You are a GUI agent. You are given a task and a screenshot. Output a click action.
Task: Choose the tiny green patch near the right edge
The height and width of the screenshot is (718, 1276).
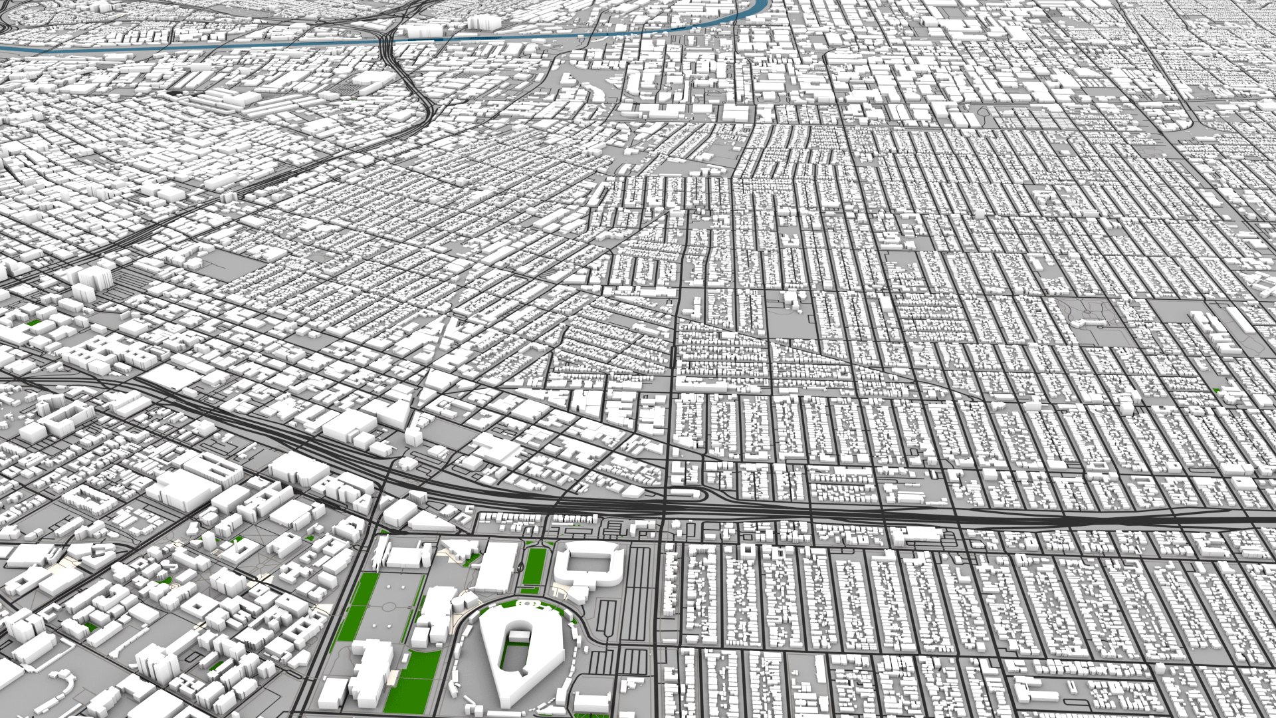click(x=1217, y=390)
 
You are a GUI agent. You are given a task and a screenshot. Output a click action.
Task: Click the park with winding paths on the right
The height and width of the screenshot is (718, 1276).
click(x=1097, y=319)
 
